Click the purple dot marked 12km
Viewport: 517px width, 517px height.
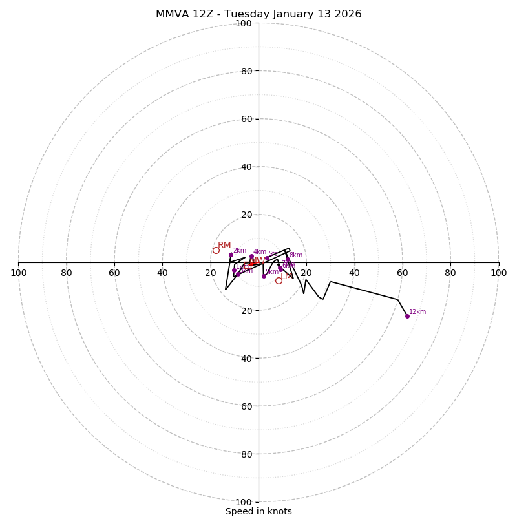click(407, 316)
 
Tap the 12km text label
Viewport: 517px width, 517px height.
click(417, 312)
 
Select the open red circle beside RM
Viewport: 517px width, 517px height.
click(216, 250)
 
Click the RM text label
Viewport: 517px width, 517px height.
click(224, 246)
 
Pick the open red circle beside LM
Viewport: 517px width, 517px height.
click(279, 280)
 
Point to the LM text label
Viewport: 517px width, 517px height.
click(286, 276)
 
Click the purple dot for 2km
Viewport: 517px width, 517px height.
click(231, 255)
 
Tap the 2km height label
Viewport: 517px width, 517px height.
click(240, 251)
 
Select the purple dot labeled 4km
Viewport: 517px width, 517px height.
click(251, 256)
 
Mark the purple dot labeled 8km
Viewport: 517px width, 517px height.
click(288, 260)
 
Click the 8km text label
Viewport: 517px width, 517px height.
click(296, 255)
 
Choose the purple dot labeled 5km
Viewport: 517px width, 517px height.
click(264, 276)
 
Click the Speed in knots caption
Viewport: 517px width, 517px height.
click(258, 512)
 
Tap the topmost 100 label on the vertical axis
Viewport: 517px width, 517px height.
click(244, 23)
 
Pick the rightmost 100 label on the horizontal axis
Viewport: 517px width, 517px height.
click(499, 273)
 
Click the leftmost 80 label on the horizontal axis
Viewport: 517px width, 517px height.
click(67, 273)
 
